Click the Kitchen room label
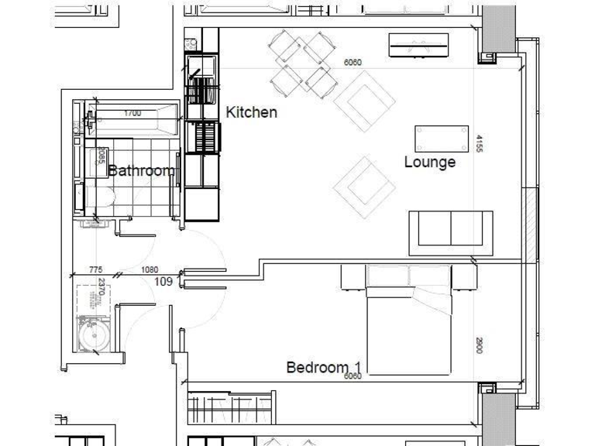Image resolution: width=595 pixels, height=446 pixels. [x=251, y=112]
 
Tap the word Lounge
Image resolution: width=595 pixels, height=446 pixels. [x=430, y=163]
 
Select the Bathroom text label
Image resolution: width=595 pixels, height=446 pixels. [x=141, y=171]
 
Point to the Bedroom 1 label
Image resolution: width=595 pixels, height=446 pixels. [x=324, y=367]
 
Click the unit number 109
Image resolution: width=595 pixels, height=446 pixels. [x=163, y=282]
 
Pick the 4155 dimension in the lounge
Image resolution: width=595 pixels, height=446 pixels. [x=480, y=144]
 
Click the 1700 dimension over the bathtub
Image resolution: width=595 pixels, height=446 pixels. [x=132, y=114]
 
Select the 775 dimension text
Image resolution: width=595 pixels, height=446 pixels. [x=95, y=270]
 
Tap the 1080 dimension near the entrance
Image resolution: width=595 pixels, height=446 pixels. [x=150, y=270]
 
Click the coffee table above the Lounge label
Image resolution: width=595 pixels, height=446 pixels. [x=442, y=139]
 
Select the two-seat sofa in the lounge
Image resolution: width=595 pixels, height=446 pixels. [x=450, y=231]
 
